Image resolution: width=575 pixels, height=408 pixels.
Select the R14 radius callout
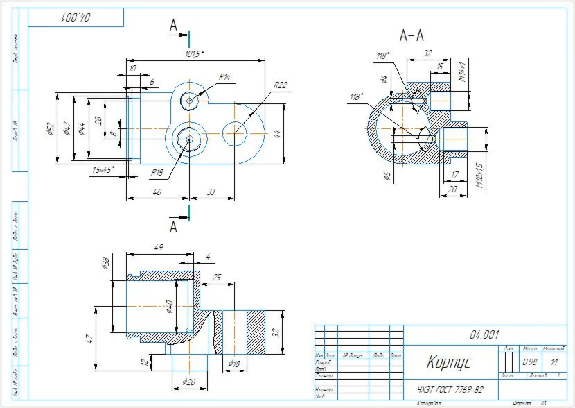click(224, 76)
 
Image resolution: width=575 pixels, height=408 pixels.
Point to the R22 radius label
click(280, 85)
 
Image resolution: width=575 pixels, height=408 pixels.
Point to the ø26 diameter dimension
click(188, 382)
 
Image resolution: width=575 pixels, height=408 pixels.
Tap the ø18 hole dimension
click(233, 364)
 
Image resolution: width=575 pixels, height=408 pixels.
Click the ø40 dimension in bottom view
click(169, 305)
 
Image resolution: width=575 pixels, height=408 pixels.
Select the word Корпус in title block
click(448, 362)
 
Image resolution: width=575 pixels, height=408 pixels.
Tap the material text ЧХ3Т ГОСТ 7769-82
click(450, 389)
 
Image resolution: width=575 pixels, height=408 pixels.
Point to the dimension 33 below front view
click(211, 192)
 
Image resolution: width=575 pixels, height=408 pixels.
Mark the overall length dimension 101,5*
click(195, 54)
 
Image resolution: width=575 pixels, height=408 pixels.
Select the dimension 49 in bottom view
click(158, 247)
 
